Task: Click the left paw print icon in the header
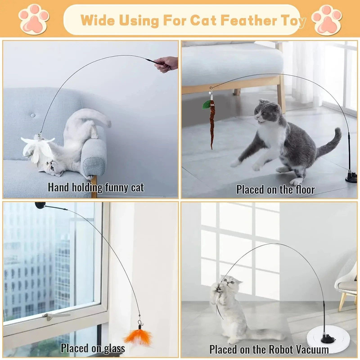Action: click(x=34, y=19)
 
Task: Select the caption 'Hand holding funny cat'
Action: click(x=96, y=187)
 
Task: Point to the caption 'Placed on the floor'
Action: click(x=275, y=189)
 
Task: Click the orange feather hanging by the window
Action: click(x=139, y=337)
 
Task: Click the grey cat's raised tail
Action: click(x=329, y=143)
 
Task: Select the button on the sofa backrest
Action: click(x=32, y=115)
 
